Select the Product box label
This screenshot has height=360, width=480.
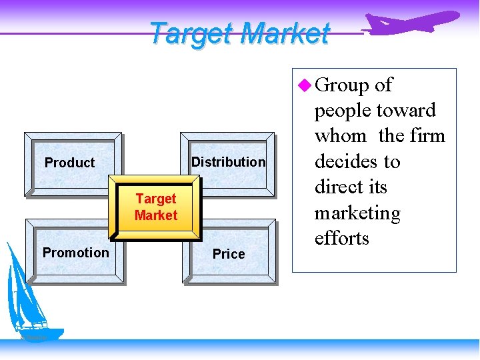(69, 163)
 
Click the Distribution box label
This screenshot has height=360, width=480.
(228, 162)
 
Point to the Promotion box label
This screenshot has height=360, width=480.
(75, 253)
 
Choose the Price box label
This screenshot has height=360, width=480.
(229, 254)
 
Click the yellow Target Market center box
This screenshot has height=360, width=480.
(155, 207)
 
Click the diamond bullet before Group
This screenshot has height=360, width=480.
(305, 85)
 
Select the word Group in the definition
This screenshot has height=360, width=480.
(342, 85)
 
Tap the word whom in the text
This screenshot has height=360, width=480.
(341, 136)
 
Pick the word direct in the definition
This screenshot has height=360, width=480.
(337, 187)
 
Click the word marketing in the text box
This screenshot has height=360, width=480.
(357, 214)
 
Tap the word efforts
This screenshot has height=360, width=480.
(342, 239)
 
